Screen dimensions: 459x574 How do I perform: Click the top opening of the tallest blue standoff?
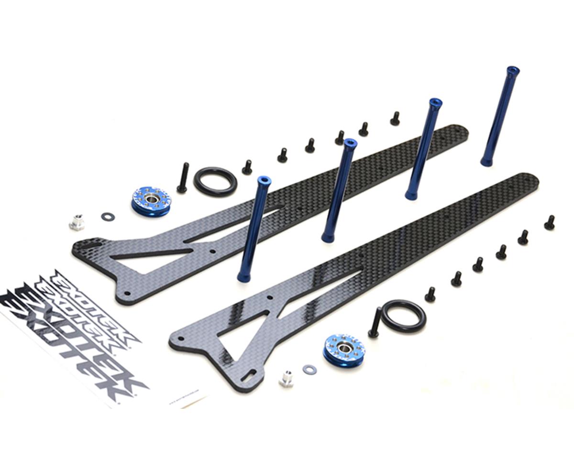click(x=513, y=71)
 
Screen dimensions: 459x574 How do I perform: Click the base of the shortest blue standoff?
click(x=244, y=276)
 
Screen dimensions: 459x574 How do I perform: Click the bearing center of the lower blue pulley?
click(x=344, y=346)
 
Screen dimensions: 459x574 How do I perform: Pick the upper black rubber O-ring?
click(x=215, y=182)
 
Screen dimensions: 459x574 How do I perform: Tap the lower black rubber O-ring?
click(x=403, y=316)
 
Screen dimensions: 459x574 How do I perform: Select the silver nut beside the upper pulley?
click(x=77, y=222)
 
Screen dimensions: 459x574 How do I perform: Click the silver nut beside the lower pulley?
click(x=287, y=379)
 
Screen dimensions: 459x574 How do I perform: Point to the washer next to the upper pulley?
click(x=108, y=217)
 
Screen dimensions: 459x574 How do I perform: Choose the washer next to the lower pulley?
click(x=310, y=369)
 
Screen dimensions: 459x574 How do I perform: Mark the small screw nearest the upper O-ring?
click(x=247, y=167)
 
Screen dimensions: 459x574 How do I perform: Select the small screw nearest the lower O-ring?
click(x=430, y=294)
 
